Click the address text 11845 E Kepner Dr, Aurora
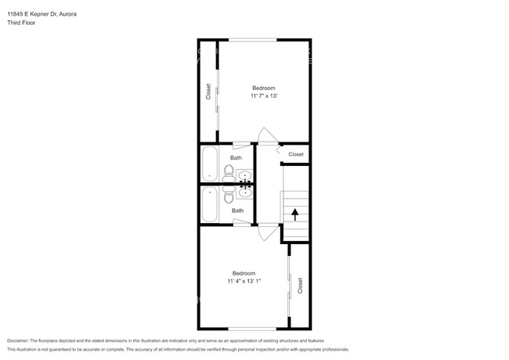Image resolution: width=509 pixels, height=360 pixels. pos(41,14)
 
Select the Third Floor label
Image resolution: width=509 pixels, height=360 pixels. pos(21,23)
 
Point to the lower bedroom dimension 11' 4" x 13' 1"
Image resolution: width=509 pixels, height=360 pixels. pos(244,281)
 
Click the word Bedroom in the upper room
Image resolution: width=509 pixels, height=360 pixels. pos(263,88)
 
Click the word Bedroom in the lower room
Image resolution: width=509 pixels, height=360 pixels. pos(244,272)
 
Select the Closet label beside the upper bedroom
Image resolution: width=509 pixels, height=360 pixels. pos(208,92)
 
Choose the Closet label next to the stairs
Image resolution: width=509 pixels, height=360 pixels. pos(295,154)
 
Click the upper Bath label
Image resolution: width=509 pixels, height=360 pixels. pos(236,157)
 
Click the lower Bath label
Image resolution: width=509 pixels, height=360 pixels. pos(237,210)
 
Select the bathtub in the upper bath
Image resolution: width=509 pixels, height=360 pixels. pos(210,165)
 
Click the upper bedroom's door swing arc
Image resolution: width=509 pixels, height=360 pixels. pos(268,135)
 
